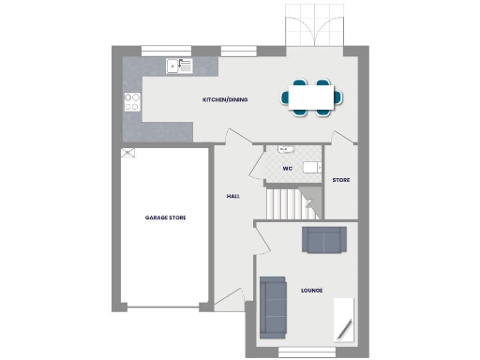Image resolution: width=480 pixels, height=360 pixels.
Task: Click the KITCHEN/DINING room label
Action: pos(225,99)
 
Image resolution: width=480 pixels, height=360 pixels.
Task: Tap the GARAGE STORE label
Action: pos(165,217)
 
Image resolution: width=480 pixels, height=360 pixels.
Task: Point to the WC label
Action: pos(288,169)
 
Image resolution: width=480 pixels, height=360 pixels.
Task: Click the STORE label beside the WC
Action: pos(341,179)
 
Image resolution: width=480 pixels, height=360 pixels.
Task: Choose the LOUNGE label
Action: pos(311,291)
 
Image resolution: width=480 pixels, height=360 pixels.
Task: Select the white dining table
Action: pos(310,97)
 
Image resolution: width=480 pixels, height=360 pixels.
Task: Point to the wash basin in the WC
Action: pos(285,151)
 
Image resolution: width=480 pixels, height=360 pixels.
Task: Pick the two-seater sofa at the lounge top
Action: pos(323,240)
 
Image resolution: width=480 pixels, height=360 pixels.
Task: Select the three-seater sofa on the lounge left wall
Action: pos(273,307)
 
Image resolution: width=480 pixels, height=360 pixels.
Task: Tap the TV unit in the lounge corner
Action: pos(344,319)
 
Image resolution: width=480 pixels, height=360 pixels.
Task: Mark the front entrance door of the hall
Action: pos(229,300)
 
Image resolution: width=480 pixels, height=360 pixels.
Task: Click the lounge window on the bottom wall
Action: pos(306,353)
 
